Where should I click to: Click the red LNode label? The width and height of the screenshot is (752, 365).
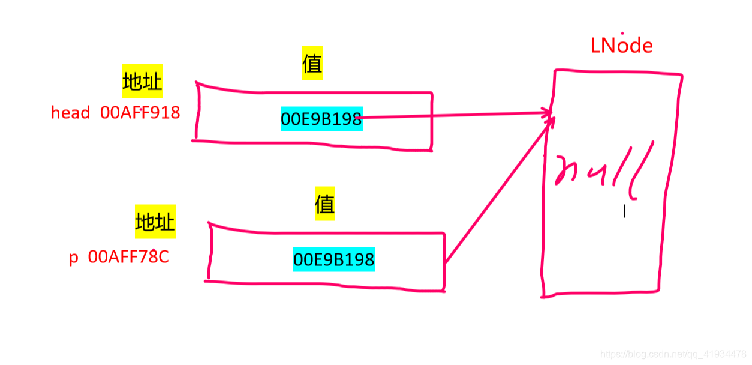[621, 46]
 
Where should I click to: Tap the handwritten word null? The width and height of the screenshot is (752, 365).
[603, 170]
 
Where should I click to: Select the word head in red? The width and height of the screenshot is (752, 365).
[70, 113]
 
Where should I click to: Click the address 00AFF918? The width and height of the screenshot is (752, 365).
[140, 113]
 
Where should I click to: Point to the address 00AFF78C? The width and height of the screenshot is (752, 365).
[128, 257]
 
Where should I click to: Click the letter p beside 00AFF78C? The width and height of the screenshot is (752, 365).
[74, 258]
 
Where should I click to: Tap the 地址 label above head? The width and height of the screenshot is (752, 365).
[142, 82]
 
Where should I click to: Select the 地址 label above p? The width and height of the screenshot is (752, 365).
[155, 222]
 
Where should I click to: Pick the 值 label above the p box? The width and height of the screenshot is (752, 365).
[324, 205]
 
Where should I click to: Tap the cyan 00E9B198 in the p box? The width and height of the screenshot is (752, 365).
[334, 259]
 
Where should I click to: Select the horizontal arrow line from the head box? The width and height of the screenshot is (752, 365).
[456, 116]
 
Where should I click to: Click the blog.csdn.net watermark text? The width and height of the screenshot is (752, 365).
[673, 354]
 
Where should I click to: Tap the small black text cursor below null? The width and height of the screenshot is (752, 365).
[624, 211]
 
